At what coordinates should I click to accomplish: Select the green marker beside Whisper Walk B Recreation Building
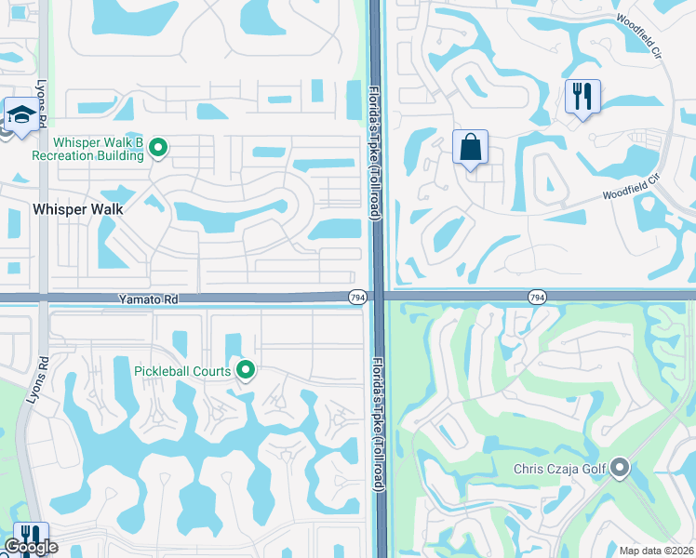(158, 147)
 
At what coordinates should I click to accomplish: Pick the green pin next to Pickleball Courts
(246, 370)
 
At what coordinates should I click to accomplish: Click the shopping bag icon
(471, 147)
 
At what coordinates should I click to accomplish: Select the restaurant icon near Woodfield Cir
(582, 96)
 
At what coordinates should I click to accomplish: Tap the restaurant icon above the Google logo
(30, 537)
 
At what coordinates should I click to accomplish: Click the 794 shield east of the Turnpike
(536, 297)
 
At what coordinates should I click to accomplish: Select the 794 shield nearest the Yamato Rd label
(356, 297)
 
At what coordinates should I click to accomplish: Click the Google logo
(31, 548)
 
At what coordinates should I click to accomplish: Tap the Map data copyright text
(657, 551)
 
